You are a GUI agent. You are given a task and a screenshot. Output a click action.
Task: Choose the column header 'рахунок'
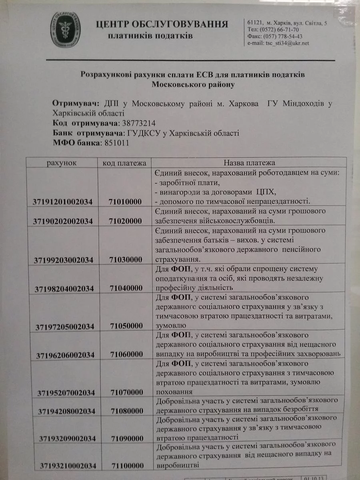click(x=61, y=163)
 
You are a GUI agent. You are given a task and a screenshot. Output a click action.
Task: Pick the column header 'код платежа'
click(x=124, y=163)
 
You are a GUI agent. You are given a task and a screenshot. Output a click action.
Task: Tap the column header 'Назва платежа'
click(x=249, y=163)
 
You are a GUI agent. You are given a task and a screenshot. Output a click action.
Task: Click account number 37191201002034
click(x=63, y=202)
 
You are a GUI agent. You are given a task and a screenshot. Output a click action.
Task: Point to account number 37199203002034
click(x=64, y=260)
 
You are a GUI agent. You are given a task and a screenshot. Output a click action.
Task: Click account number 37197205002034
click(x=65, y=327)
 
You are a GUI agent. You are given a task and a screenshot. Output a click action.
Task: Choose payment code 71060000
click(x=127, y=355)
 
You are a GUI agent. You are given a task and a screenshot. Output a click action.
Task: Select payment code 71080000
click(x=127, y=411)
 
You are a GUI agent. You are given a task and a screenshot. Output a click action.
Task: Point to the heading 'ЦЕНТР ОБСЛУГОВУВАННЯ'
click(x=162, y=24)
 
